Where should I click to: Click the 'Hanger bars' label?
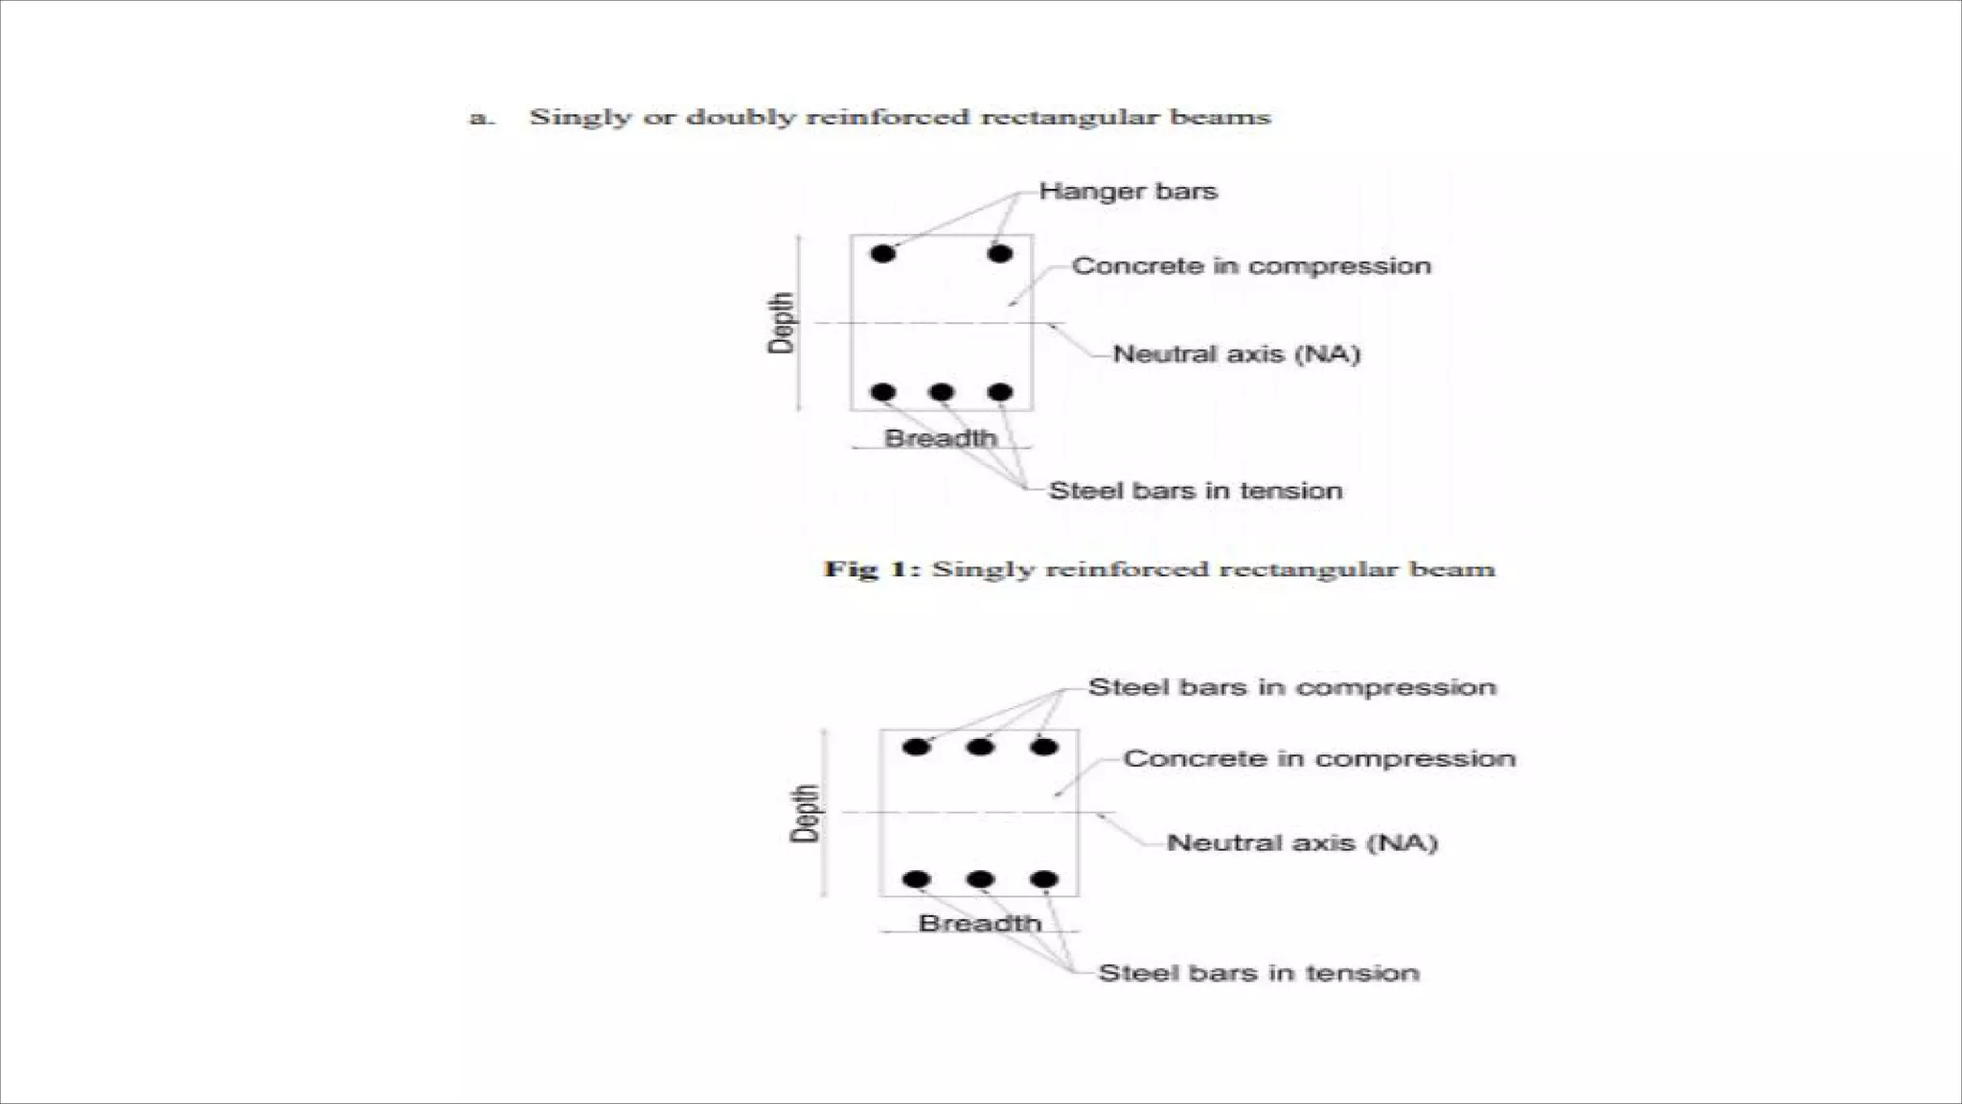coord(1128,192)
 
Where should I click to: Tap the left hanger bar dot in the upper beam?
coord(883,254)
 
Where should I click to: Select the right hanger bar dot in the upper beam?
coord(999,254)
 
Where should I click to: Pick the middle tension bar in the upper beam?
coord(941,392)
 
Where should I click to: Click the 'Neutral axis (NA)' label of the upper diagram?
coord(1236,355)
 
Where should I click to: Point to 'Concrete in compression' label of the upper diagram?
coord(1250,266)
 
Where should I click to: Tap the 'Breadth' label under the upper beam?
coord(940,439)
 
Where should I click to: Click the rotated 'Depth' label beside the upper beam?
coord(782,323)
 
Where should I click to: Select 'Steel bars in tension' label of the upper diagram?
coord(1195,491)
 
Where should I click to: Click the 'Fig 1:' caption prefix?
coord(872,569)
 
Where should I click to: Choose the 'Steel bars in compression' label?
coord(1291,687)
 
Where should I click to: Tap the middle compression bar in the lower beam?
coord(980,747)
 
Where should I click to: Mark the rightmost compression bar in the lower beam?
coord(1043,747)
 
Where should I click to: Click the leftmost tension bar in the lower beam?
coord(917,879)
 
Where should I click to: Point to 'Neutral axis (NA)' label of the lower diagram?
coord(1302,843)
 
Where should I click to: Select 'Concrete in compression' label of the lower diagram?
coord(1318,759)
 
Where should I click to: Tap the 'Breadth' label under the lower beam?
coord(979,924)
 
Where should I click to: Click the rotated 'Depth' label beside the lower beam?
coord(806,814)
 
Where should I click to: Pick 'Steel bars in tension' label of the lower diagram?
coord(1258,974)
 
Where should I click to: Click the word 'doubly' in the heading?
coord(741,118)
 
